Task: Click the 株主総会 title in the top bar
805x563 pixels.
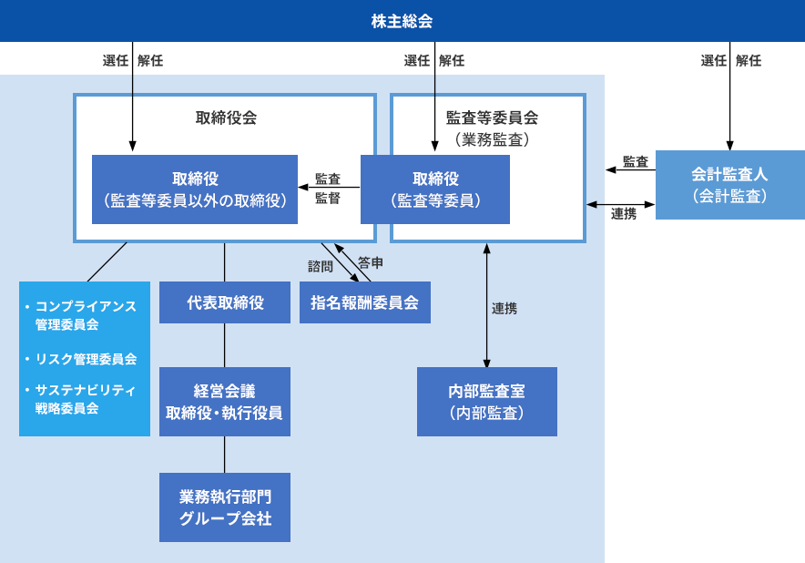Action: (x=402, y=20)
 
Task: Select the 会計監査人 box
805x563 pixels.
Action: (x=729, y=184)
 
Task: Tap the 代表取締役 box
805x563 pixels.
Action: (x=225, y=302)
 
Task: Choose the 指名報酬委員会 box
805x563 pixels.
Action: (x=364, y=302)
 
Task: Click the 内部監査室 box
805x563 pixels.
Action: (x=487, y=402)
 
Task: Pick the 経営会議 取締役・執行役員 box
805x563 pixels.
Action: (x=225, y=402)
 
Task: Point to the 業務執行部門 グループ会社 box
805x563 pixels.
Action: (x=225, y=507)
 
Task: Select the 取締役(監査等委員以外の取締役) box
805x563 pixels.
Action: (x=195, y=189)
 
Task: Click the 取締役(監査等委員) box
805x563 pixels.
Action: (x=435, y=189)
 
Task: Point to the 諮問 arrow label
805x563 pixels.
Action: (x=321, y=266)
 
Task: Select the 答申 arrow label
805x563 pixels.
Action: (x=370, y=262)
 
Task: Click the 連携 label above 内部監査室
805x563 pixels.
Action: (x=504, y=309)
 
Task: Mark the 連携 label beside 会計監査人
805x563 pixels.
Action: (x=624, y=214)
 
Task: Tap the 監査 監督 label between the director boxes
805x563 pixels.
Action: (x=328, y=189)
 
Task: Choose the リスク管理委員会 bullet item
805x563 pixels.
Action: (x=86, y=359)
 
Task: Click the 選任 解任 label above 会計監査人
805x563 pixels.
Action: (x=730, y=61)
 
